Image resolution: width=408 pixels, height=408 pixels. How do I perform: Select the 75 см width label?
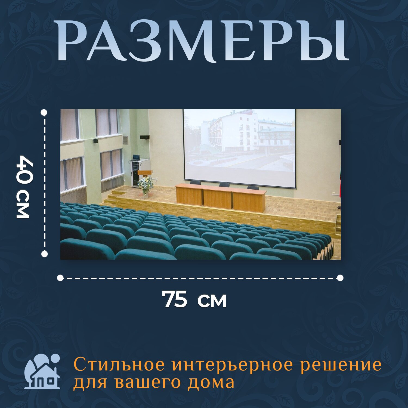tap(194, 299)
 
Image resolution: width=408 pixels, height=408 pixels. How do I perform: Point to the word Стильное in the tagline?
tap(119, 365)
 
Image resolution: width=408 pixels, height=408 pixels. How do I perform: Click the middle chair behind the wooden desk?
tap(224, 185)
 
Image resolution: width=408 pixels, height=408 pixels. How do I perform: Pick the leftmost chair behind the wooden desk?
tap(195, 183)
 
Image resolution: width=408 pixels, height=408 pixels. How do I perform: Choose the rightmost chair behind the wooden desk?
tap(253, 188)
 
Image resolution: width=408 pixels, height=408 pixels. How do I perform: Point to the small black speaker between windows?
tap(95, 141)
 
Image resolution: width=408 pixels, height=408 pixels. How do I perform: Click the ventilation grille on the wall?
tap(125, 140)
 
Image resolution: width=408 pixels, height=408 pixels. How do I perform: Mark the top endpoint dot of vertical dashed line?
tap(44, 113)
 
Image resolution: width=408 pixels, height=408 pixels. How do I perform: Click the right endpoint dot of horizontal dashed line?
tap(340, 278)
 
